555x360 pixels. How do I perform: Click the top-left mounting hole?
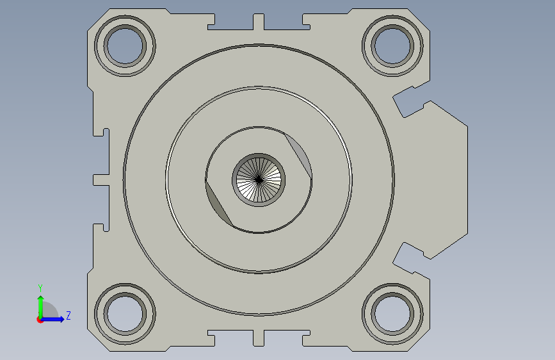coord(125,46)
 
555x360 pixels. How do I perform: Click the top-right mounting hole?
coord(392,46)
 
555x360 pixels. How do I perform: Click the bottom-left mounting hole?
coord(125,314)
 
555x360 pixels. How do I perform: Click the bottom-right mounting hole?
coord(392,314)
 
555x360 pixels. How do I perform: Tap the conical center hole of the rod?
coord(259,179)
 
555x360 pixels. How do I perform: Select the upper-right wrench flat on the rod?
coord(299,154)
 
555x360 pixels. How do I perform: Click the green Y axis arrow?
coord(41,307)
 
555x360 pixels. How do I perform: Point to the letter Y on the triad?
coord(40,288)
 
